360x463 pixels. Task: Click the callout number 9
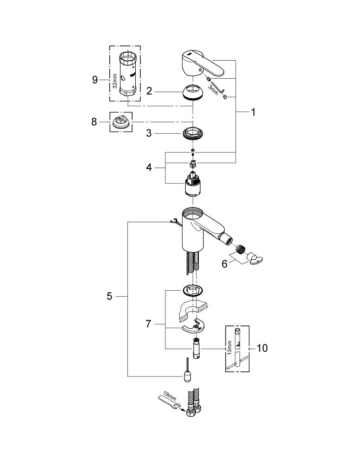pos(95,80)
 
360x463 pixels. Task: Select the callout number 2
pos(149,91)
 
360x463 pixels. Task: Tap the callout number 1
pos(253,112)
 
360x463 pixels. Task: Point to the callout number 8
pos(94,122)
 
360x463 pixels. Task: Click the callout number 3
pos(149,133)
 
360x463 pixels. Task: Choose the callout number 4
pos(149,168)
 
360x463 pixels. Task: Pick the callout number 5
pos(109,296)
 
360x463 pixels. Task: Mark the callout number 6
pos(225,264)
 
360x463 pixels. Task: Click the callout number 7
pos(148,324)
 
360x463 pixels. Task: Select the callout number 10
pos(262,348)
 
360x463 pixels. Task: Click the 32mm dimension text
pos(115,81)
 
